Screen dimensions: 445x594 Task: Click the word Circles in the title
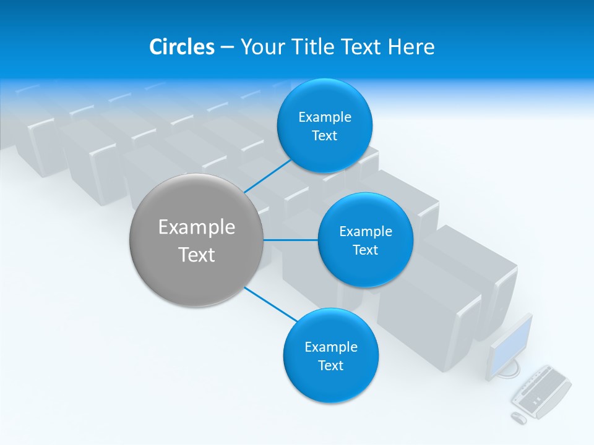(x=182, y=47)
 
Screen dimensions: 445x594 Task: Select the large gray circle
(x=197, y=240)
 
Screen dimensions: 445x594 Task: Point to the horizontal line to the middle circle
(x=290, y=240)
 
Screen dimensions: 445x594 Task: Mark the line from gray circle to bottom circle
(x=271, y=303)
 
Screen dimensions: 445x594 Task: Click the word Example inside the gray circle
(x=197, y=227)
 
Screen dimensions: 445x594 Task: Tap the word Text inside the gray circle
(x=197, y=255)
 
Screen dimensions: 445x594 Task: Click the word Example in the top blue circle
(x=324, y=117)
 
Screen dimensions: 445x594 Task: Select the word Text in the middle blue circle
(x=365, y=250)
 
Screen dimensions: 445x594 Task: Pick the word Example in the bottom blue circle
(x=330, y=347)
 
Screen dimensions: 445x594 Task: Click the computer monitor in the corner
(x=510, y=346)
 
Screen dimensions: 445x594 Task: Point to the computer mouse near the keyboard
(x=519, y=418)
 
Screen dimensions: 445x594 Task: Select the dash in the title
(x=227, y=48)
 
